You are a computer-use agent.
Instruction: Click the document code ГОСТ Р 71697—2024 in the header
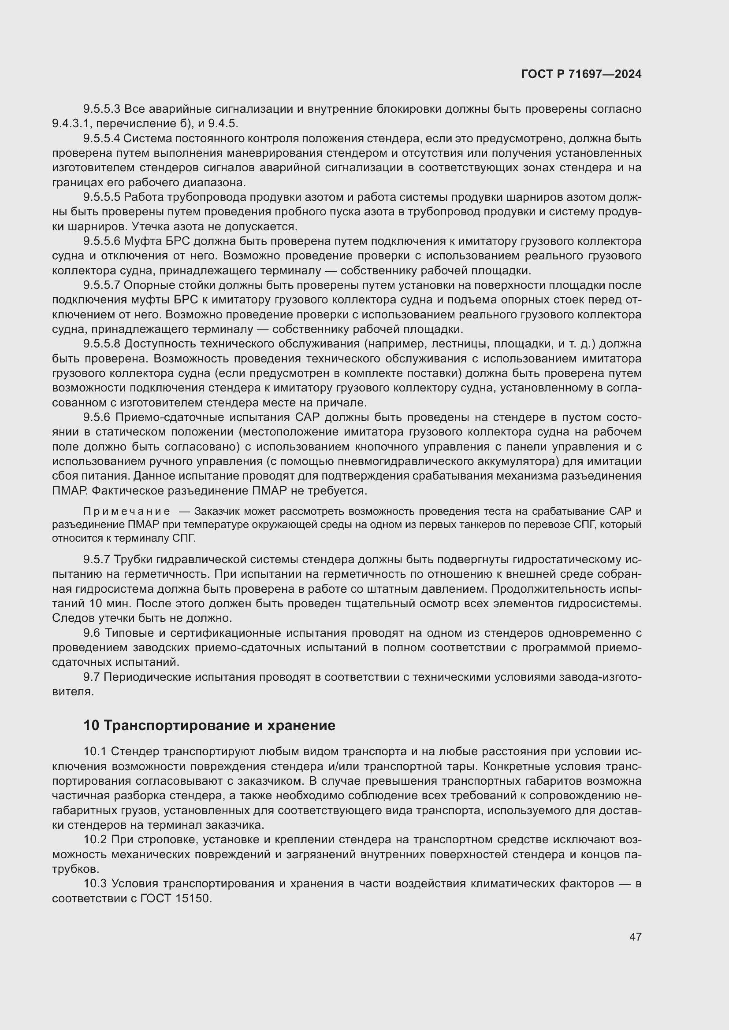(581, 74)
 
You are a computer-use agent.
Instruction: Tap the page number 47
(635, 937)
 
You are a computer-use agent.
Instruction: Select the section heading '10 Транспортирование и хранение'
(209, 725)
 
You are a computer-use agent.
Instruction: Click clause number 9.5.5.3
(101, 109)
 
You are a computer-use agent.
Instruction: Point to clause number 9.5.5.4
(101, 139)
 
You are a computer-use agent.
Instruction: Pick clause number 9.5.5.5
(101, 197)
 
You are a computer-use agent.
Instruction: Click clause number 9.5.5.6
(101, 241)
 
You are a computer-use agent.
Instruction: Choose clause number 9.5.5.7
(101, 285)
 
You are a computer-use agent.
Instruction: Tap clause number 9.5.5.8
(101, 344)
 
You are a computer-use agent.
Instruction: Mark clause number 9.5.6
(97, 417)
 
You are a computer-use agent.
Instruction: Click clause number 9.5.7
(97, 559)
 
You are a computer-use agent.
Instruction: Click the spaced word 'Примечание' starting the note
(126, 512)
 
